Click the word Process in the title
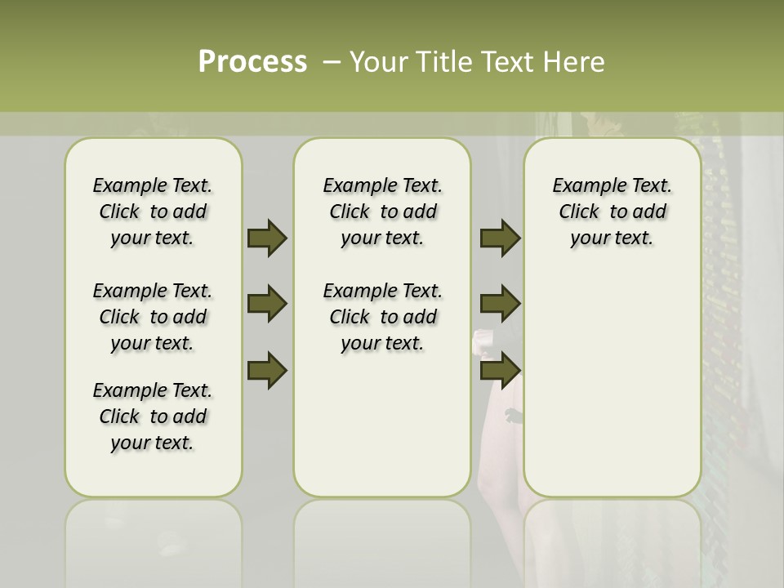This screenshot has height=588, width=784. pos(252,62)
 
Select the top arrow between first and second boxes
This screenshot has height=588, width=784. pos(267,238)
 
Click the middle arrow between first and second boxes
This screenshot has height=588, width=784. pos(267,304)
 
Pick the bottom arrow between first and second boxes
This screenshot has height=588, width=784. pos(267,370)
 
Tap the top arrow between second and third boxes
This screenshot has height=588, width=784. pos(501,238)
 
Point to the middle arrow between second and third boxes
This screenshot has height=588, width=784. pos(501,304)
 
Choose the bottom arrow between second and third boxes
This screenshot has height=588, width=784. pos(501,370)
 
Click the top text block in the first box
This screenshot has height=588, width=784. pos(153,212)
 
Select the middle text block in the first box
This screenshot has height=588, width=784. pos(153,317)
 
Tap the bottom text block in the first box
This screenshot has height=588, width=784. pos(153,416)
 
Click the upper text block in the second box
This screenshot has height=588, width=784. pos(383,212)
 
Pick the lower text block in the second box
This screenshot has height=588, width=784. pos(383,317)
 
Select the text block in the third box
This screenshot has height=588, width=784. pos(612,212)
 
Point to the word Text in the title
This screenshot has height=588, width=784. pos(510,62)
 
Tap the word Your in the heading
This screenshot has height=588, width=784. pos(376,62)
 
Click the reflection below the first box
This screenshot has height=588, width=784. pos(154,539)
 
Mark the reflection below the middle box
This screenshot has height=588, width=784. pos(382,539)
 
